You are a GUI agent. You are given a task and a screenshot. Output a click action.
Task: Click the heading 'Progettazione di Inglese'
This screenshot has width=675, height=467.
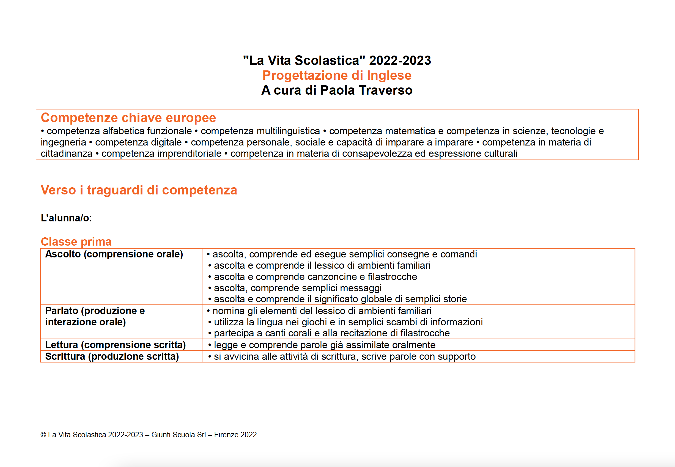[x=337, y=75]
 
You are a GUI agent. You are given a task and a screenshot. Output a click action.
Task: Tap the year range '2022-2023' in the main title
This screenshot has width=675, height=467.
[x=400, y=61]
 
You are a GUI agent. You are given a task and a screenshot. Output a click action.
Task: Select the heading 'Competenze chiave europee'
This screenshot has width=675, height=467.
[x=128, y=118]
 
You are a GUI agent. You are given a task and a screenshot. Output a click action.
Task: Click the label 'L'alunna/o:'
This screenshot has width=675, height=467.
[x=66, y=218]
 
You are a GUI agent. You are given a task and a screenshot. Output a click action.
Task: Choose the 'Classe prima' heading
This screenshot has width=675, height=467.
[x=76, y=242]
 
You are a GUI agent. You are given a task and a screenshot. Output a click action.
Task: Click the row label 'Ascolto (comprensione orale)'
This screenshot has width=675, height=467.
[x=114, y=254]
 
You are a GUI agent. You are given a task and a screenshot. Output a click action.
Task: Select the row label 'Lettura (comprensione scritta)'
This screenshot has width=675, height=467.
[x=115, y=345]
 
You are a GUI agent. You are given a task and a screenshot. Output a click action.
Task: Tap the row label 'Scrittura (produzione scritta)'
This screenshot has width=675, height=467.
[x=112, y=356]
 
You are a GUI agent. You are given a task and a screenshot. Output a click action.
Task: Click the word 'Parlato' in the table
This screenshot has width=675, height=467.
[x=61, y=311]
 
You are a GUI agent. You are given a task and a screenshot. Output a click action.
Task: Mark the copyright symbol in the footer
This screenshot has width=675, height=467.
[x=43, y=435]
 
